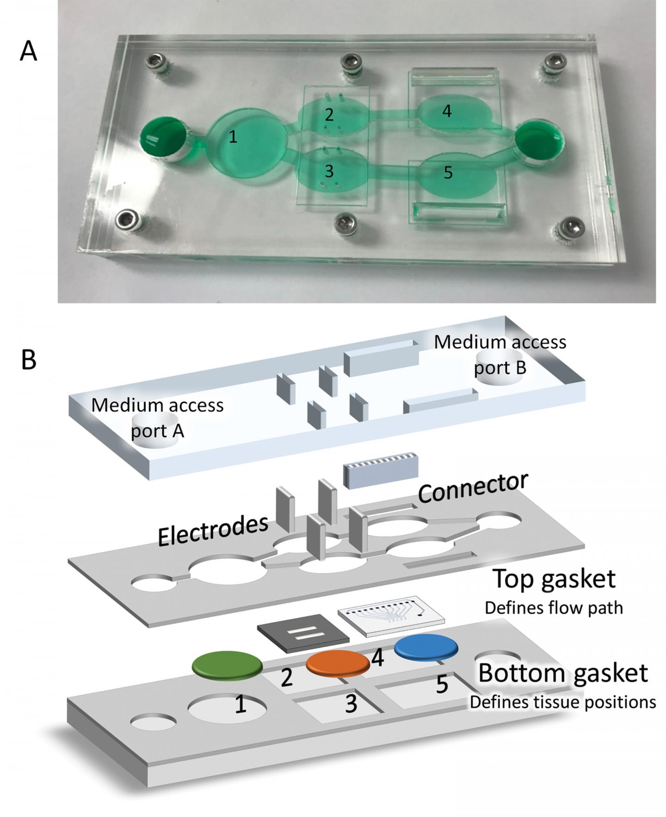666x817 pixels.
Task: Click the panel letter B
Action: [x=29, y=359]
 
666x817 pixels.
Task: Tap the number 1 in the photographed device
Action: [x=233, y=137]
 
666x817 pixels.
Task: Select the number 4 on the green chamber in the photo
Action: [x=446, y=111]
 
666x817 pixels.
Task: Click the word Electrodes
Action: [x=213, y=531]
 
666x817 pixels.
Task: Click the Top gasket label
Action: [x=554, y=578]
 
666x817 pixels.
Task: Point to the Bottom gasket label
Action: [x=562, y=673]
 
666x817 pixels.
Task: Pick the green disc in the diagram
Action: [x=227, y=664]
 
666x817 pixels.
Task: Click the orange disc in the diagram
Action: [x=338, y=662]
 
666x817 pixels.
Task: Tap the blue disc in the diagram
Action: [x=426, y=646]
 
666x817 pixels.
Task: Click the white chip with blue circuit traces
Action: [x=391, y=613]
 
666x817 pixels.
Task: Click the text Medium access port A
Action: [x=157, y=417]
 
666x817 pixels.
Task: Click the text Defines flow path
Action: [x=554, y=607]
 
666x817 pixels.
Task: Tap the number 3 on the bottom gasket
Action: [x=351, y=704]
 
